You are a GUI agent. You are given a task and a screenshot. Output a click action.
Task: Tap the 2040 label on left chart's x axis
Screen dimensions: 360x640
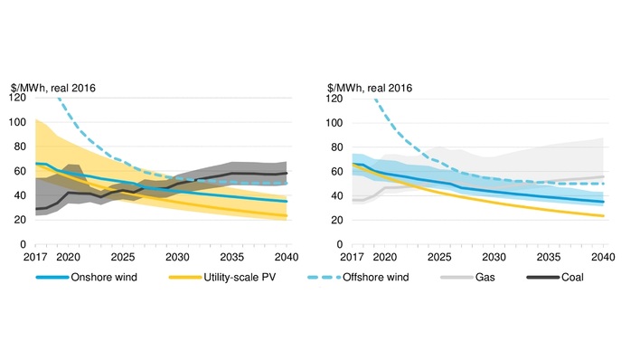286,257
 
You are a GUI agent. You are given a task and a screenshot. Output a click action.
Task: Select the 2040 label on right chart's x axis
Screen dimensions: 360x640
604,257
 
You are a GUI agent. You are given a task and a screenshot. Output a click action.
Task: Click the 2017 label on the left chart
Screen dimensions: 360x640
34,257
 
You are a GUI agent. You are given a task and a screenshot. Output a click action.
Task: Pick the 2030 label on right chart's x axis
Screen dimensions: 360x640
494,257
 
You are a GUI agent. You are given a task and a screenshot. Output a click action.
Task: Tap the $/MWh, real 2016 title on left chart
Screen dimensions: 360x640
53,87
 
